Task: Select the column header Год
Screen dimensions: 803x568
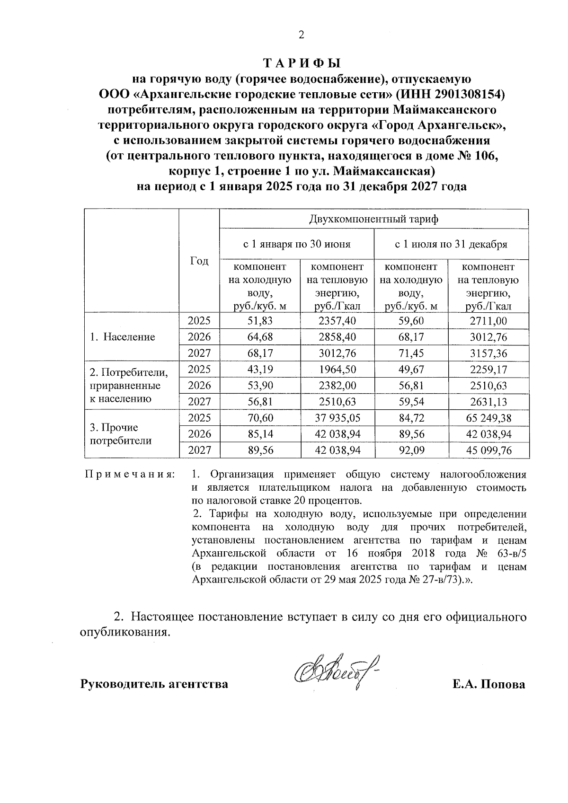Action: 199,261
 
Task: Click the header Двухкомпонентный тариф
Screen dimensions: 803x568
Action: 374,219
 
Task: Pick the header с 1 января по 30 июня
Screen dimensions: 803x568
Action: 297,245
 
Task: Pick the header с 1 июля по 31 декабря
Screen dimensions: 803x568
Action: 451,245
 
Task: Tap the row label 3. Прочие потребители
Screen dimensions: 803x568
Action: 121,434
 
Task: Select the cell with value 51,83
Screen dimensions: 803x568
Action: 260,321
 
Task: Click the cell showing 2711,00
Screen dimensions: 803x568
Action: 488,321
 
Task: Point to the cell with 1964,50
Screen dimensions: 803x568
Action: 337,369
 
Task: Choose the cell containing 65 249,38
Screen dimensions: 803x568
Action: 488,418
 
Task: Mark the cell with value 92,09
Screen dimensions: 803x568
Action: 411,450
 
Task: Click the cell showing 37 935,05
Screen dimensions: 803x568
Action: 337,418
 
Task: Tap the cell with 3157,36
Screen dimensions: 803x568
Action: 488,353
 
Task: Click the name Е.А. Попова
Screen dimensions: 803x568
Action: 488,684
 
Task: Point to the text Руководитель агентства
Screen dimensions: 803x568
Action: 154,684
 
